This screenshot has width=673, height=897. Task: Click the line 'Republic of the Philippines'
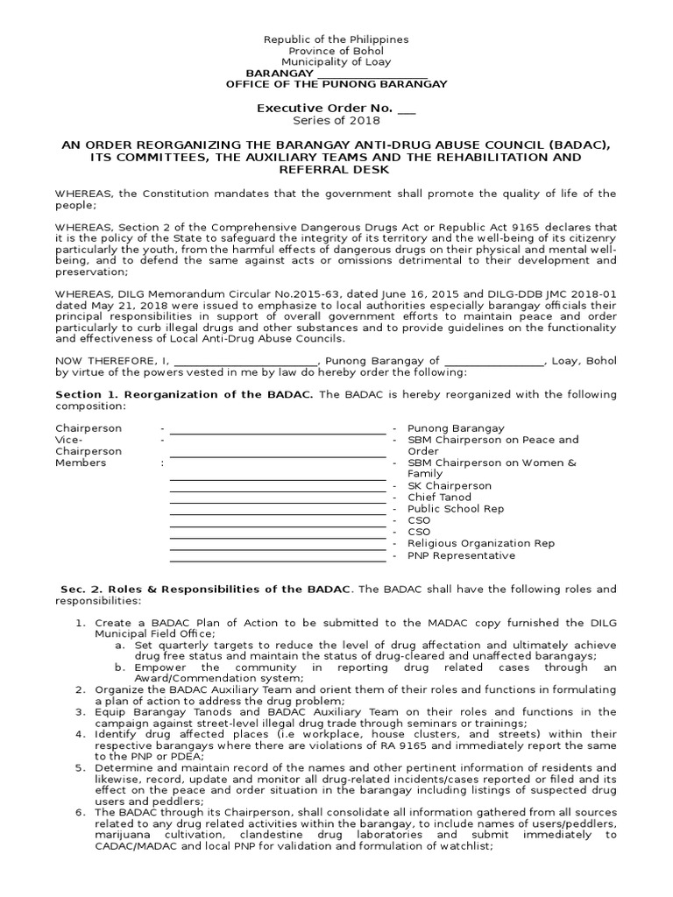(x=336, y=39)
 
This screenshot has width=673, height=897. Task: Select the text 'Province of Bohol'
(x=336, y=51)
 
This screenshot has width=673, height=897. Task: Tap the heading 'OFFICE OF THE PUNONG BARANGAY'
(x=336, y=84)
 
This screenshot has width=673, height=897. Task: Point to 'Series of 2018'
(x=336, y=120)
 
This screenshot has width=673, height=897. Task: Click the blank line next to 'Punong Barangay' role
(x=278, y=428)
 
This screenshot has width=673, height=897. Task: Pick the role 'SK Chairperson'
(x=449, y=485)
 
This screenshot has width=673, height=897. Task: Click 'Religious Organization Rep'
(x=480, y=543)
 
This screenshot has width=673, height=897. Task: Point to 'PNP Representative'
(x=461, y=555)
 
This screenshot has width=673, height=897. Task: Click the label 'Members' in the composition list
(x=81, y=463)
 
